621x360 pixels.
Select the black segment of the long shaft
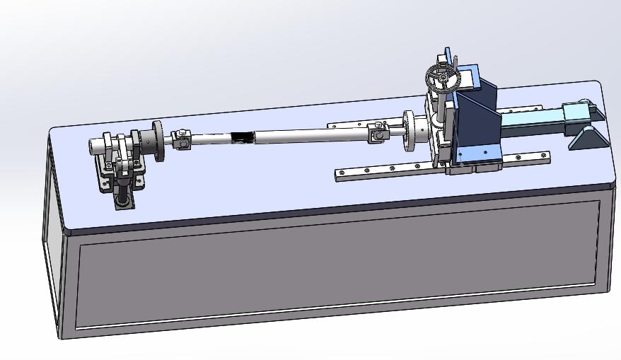click(242, 137)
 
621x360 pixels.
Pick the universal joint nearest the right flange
click(376, 132)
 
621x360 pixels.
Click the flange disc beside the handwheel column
click(409, 131)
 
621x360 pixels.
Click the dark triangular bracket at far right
click(588, 137)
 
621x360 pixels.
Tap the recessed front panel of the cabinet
click(339, 265)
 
